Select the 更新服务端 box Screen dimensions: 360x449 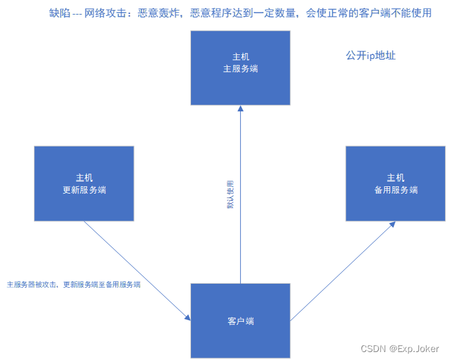tap(84, 184)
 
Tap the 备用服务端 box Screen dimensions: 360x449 tap(395, 184)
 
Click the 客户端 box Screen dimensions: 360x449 tap(240, 321)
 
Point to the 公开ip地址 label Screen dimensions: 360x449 tap(371, 56)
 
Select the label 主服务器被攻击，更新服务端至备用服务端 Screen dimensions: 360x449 tap(74, 284)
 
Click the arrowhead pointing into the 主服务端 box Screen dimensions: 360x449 tap(240, 109)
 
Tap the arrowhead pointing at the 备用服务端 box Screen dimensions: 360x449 tap(393, 225)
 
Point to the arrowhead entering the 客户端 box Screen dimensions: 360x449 tap(188, 318)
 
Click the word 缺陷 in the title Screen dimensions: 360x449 tap(60, 13)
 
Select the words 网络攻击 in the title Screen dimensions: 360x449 tap(106, 13)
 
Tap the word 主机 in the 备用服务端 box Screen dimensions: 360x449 tap(395, 178)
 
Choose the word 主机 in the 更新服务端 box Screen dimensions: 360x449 tap(84, 178)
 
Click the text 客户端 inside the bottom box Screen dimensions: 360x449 tap(240, 322)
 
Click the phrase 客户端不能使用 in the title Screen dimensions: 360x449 tap(398, 13)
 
